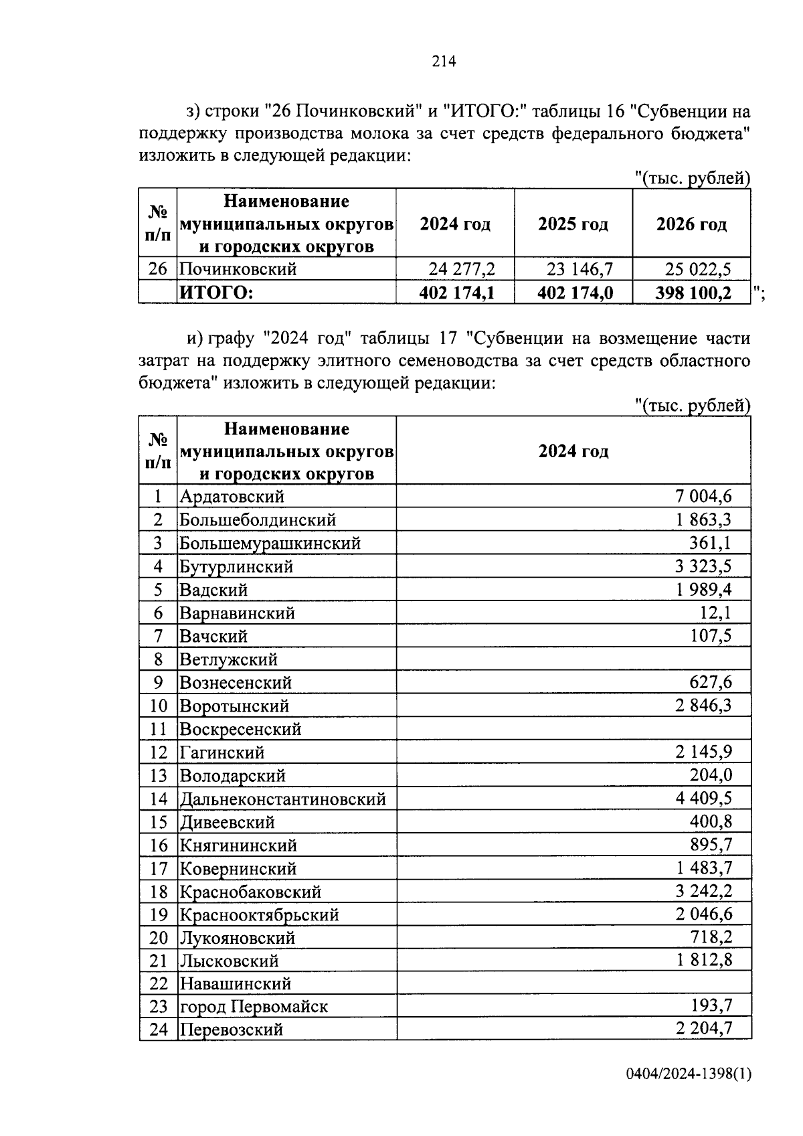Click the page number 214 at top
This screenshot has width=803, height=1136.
[444, 62]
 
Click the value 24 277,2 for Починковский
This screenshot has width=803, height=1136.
[461, 269]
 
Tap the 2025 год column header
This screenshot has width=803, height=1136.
[573, 224]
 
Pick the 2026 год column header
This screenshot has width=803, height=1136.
[691, 224]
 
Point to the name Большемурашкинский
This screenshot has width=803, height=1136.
[270, 543]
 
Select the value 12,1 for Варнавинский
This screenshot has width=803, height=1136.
[715, 613]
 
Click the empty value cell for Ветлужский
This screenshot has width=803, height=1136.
[573, 659]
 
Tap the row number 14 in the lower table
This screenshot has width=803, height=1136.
[158, 799]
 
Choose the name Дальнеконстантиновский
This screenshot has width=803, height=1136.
[282, 799]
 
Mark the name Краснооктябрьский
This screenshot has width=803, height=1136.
[259, 914]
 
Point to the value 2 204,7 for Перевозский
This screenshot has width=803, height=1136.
[704, 1029]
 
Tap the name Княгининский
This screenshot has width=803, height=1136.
[238, 845]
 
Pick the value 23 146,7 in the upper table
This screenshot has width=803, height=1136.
[579, 269]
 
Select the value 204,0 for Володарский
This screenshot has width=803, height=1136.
[711, 775]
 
